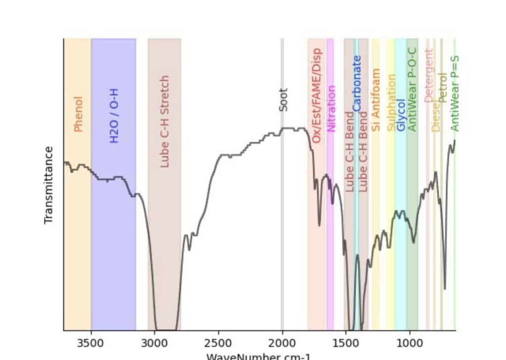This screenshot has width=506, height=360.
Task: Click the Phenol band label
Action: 78,114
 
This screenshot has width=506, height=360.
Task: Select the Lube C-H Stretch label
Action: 165,122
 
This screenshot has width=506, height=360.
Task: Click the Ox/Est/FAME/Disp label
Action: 316,95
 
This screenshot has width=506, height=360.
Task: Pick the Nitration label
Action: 332,109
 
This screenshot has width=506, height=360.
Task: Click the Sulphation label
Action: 391,103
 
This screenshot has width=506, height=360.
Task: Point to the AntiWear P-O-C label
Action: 412,90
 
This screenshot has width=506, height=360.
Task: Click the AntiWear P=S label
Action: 455,93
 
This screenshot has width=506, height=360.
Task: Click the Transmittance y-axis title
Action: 48,184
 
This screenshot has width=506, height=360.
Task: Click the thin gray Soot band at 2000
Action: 282,223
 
